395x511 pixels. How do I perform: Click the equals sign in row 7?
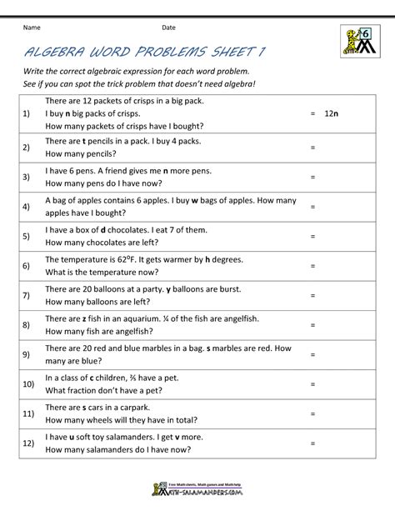(x=312, y=295)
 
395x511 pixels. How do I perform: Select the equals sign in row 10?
(x=312, y=384)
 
